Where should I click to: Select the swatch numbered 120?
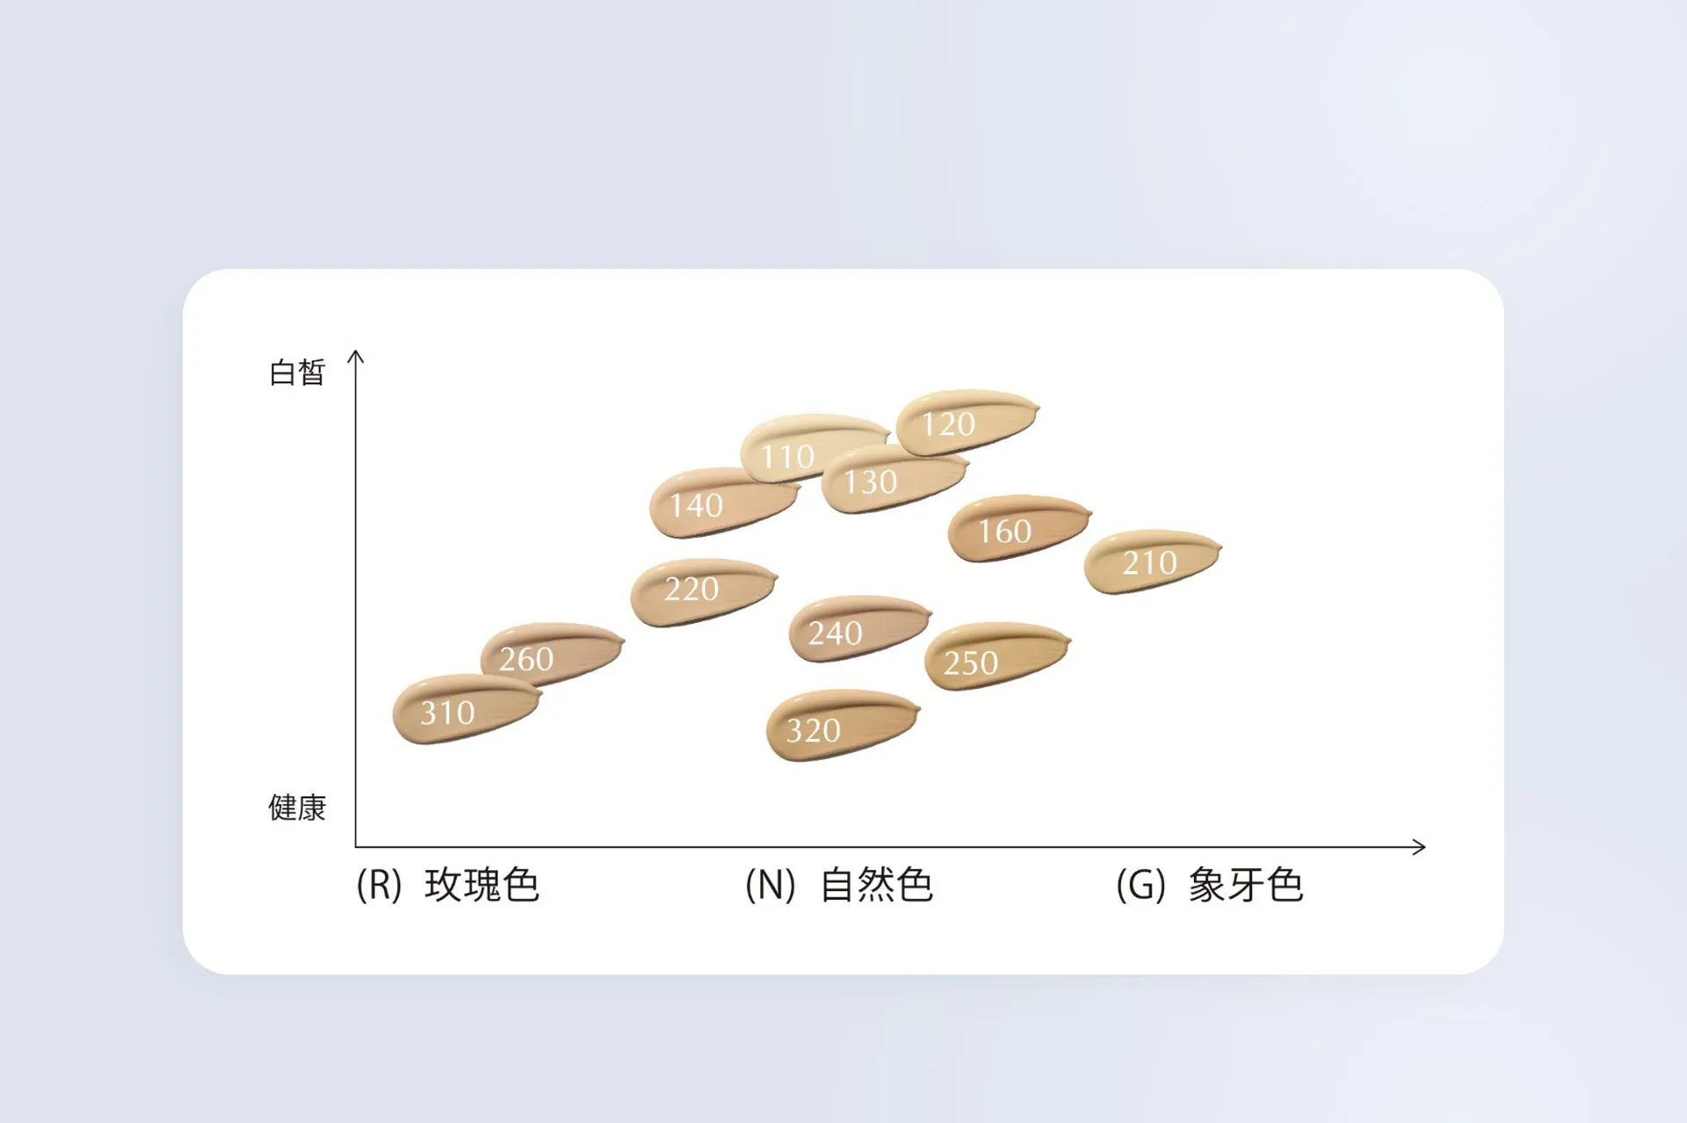click(967, 422)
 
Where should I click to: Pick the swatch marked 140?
click(722, 502)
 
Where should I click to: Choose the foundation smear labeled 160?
click(1019, 527)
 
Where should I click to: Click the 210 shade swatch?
click(1153, 561)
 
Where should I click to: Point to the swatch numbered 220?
click(704, 591)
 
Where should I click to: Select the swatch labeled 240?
click(859, 628)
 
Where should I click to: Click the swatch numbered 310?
click(467, 708)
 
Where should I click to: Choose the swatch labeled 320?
click(843, 725)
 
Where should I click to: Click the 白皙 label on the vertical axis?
click(297, 373)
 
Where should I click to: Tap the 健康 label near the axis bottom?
click(297, 808)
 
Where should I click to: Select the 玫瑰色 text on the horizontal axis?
click(481, 885)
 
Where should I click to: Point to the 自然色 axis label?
click(876, 885)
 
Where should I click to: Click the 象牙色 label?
click(1245, 885)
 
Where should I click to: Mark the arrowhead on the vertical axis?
click(356, 356)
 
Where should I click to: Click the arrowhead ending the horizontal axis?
click(1419, 847)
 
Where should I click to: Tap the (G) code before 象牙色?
click(1140, 886)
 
